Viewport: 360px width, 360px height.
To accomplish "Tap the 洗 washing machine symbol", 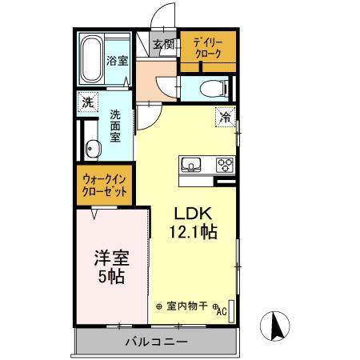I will [x=87, y=102].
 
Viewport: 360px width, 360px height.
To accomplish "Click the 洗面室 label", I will [x=115, y=126].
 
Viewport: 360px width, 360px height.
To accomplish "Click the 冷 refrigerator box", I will [x=226, y=117].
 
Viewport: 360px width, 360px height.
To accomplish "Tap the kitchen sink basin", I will [x=192, y=166].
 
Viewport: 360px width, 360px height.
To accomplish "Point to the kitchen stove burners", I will [x=225, y=166].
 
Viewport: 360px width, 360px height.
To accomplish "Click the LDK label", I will [x=193, y=214].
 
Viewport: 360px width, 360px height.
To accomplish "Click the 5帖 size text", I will [x=112, y=278].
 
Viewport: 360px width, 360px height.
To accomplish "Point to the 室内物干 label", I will [x=187, y=305].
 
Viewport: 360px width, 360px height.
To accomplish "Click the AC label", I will [x=222, y=312].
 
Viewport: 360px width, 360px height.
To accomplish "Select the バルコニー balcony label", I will [x=156, y=342].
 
